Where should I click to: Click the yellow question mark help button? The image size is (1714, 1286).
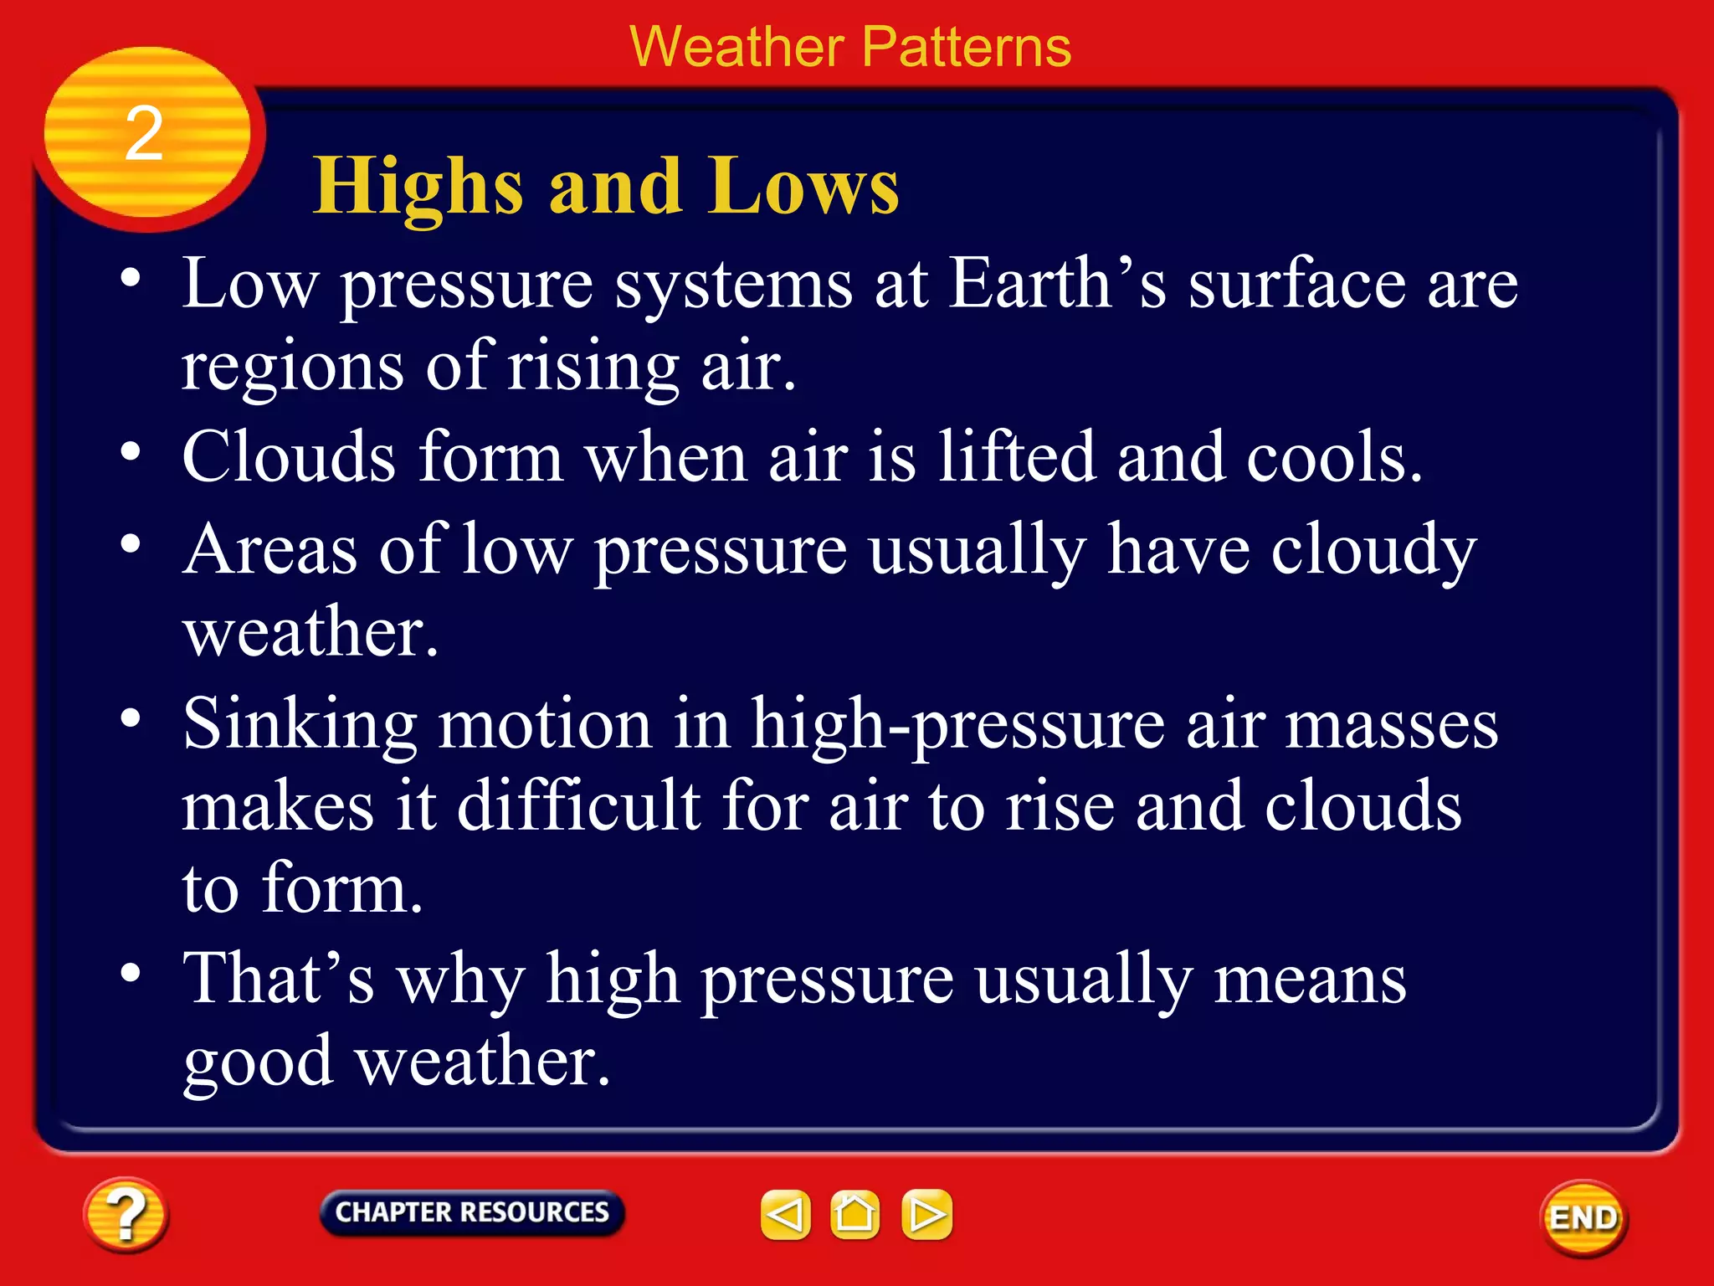point(126,1215)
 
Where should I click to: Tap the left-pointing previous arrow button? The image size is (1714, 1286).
point(785,1214)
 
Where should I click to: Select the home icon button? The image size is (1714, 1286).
point(854,1214)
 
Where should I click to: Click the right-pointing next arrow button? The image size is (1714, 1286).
point(926,1214)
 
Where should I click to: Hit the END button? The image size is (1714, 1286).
point(1583,1218)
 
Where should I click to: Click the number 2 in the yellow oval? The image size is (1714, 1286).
point(144,134)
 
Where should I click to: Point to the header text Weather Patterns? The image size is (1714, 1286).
point(849,47)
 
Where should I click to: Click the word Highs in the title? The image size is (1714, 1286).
point(418,188)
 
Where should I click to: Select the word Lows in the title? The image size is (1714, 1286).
point(803,188)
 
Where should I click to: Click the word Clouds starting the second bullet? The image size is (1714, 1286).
point(289,457)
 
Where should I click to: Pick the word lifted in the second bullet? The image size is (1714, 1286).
point(1016,457)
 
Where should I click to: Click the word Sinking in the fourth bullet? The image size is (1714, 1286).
point(300,725)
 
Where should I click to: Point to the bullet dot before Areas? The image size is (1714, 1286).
point(131,545)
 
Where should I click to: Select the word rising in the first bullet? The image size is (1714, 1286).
point(593,367)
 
